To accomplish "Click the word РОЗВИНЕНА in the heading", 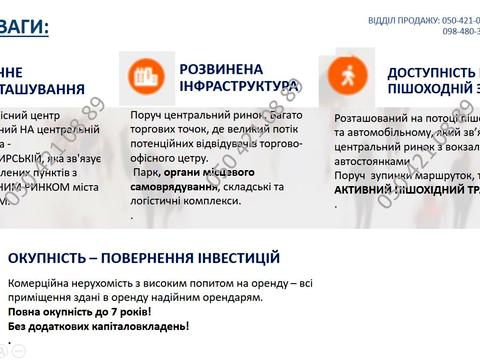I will (221, 69).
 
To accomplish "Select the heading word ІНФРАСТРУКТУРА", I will (240, 87).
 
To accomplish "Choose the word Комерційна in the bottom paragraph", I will (41, 283).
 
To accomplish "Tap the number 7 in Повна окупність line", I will (113, 311).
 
